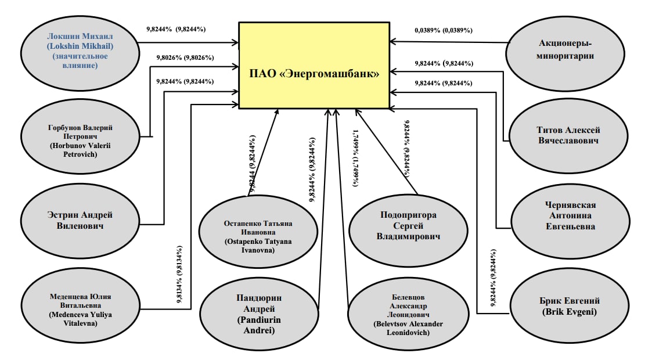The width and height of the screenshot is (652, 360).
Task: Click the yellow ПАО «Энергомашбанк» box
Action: [x=314, y=65]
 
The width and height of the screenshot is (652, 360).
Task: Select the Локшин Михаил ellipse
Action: [x=80, y=53]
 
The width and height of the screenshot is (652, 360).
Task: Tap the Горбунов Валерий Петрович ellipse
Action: [x=80, y=136]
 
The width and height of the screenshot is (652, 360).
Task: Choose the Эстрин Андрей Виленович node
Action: [x=80, y=221]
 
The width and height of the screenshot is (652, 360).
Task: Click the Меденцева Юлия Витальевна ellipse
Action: [x=80, y=305]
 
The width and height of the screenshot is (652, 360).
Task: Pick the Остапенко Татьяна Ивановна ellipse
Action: [x=258, y=232]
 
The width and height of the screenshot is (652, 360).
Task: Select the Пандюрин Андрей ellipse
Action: [x=258, y=315]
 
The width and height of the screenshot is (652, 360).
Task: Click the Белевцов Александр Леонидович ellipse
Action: [x=408, y=315]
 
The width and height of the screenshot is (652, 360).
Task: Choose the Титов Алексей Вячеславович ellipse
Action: [x=568, y=135]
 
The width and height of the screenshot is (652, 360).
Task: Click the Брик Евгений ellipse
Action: [x=569, y=306]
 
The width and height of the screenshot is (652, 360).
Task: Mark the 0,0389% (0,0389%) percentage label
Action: [x=443, y=30]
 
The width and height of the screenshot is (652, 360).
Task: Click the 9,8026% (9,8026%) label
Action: [x=185, y=58]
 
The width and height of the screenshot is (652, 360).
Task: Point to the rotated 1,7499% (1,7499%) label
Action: [x=355, y=158]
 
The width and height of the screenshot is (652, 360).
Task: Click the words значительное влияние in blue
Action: [x=80, y=61]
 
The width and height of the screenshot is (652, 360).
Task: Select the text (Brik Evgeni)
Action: [x=569, y=312]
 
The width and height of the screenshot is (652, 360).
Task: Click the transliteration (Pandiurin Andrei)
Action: [x=258, y=325]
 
